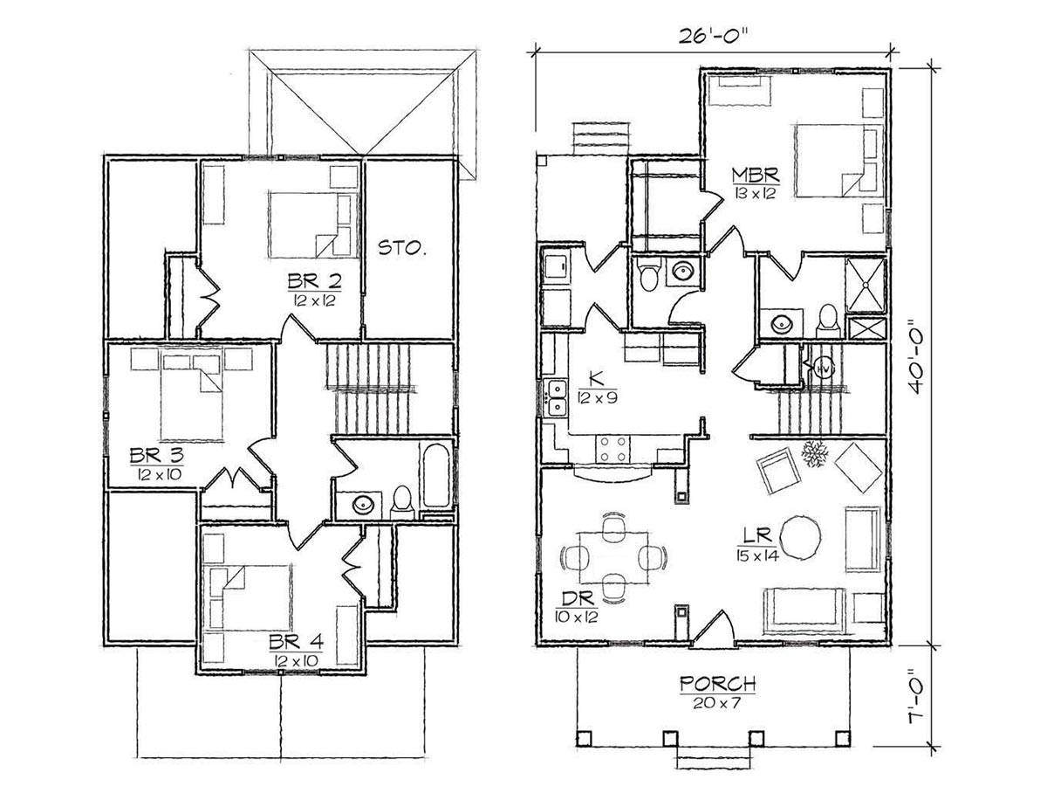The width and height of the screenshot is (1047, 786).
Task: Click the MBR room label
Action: (x=756, y=176)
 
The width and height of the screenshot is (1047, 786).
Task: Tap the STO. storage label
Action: (x=402, y=247)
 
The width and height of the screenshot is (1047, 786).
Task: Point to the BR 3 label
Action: (x=156, y=456)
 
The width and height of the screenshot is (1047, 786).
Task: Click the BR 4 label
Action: (x=296, y=643)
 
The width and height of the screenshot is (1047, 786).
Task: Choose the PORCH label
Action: (x=717, y=685)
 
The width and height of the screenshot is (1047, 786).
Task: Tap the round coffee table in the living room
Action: (x=803, y=537)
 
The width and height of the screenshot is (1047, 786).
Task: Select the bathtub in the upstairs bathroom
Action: (x=435, y=475)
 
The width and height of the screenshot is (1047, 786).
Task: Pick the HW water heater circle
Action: (x=824, y=369)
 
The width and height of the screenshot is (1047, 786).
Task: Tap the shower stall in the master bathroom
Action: (x=866, y=285)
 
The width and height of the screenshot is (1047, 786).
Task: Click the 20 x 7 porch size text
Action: (x=717, y=703)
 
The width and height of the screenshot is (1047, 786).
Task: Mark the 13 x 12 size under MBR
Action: (x=756, y=194)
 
